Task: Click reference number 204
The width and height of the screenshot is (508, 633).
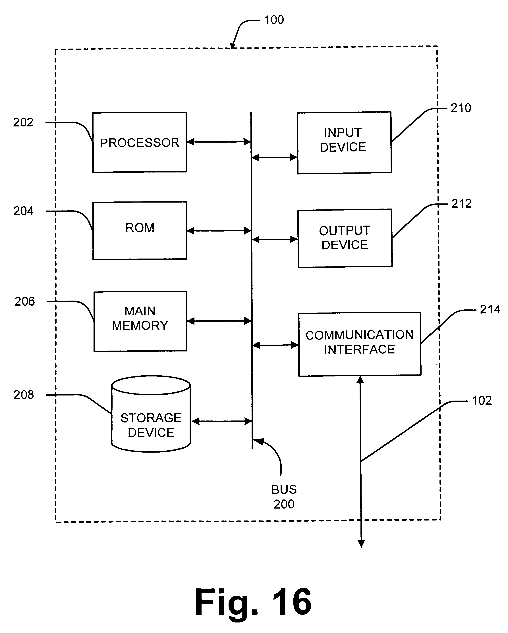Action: pyautogui.click(x=24, y=211)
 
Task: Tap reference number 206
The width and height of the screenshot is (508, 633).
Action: pyautogui.click(x=25, y=301)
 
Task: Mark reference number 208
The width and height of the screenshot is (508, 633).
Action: pyautogui.click(x=24, y=395)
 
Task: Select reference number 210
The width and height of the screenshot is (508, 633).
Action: pyautogui.click(x=461, y=108)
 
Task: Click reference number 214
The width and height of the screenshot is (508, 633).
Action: pyautogui.click(x=490, y=309)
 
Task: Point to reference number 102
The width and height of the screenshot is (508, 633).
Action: pyautogui.click(x=482, y=400)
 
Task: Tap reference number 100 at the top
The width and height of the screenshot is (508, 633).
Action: pyautogui.click(x=274, y=20)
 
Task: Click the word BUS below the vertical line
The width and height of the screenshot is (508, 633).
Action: pyautogui.click(x=284, y=490)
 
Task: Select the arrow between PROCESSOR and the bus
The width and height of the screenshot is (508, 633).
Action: pyautogui.click(x=219, y=142)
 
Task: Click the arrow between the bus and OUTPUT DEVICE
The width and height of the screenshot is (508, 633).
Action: pyautogui.click(x=275, y=240)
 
